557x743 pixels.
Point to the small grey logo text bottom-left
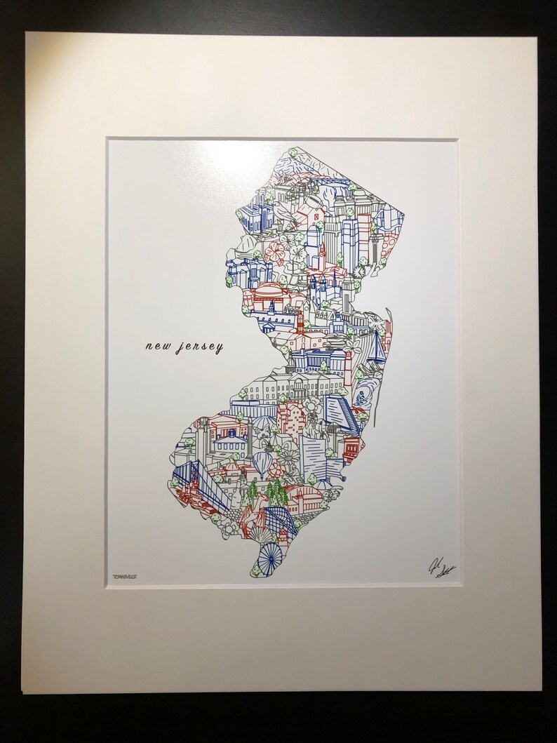[125, 573]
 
